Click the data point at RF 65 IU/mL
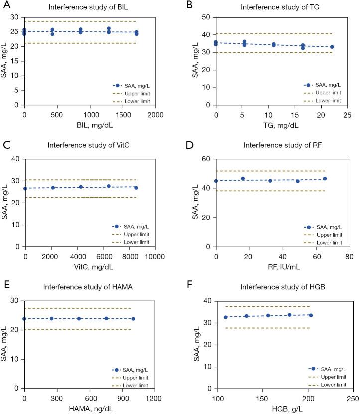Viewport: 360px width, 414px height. pos(325,179)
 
